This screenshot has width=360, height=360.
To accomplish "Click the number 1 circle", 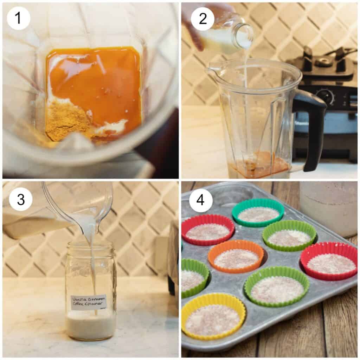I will coord(18,18).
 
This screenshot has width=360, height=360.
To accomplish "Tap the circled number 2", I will coord(202,18).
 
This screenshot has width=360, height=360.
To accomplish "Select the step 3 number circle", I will coord(21,199).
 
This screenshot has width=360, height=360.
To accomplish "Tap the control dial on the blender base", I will coord(325,96).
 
